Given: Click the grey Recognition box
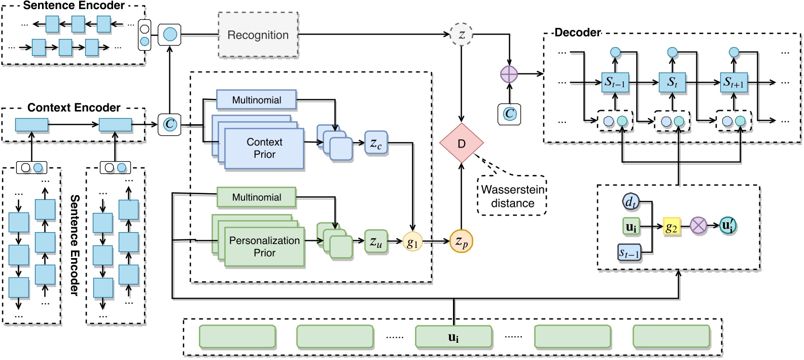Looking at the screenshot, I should coord(258,35).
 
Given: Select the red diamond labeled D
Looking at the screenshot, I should coord(461,143).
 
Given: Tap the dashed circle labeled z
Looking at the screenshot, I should coord(461,34).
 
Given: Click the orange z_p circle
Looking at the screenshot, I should coord(461,242).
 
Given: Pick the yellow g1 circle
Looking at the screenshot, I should coord(412,242).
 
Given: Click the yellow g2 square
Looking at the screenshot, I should coord(671,227).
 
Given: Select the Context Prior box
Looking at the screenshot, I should coord(264,148).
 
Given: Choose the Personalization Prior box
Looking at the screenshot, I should coord(264,246).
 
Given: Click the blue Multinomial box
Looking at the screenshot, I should coord(256,100).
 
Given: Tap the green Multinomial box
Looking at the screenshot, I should coord(256,197).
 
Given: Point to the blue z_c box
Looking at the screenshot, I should coord(375,143).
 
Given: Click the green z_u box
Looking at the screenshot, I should coord(375,242).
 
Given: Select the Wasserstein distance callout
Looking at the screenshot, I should coord(512,196).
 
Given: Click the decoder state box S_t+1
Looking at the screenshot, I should coord(733,82).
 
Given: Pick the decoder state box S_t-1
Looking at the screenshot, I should coord(615,82).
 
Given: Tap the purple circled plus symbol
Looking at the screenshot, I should coord(509,75).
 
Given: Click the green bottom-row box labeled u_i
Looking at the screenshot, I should coord(453,337).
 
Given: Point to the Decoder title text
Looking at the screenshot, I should coord(577,32).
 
